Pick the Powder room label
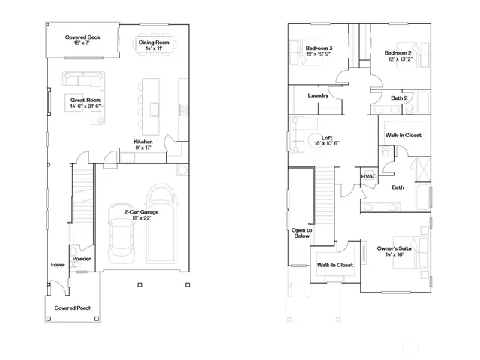pos(81,259)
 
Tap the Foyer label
pos(58,265)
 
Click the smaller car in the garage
pos(121,233)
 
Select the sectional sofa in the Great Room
pos(81,80)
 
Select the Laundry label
pos(319,95)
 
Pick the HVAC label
pos(368,177)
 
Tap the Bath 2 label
pos(399,97)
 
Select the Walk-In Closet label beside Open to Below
pos(334,265)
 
